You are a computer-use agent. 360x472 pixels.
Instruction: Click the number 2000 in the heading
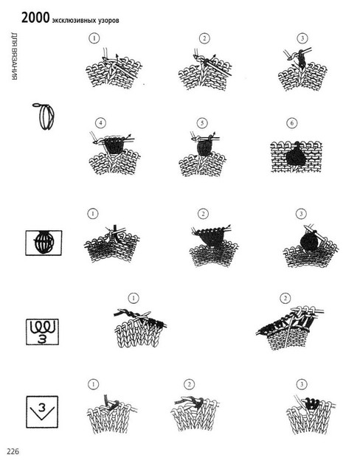[35, 18]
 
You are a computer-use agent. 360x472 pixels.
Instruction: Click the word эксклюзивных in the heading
[75, 21]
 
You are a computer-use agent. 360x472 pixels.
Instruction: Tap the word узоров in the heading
[109, 21]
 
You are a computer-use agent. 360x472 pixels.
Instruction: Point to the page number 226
[13, 451]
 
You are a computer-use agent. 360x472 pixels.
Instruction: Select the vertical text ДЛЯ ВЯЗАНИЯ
[15, 56]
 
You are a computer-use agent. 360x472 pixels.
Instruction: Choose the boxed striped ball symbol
[44, 243]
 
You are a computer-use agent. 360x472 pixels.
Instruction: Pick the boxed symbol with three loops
[42, 332]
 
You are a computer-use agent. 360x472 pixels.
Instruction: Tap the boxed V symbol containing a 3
[42, 412]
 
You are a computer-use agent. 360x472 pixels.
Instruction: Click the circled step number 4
[100, 123]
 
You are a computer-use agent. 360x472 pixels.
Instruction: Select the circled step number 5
[202, 123]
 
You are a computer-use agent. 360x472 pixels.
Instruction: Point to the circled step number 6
[292, 123]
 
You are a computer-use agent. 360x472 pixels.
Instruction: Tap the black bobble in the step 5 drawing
[204, 149]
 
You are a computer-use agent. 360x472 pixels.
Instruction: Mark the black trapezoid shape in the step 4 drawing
[113, 146]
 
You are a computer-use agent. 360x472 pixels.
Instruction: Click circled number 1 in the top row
[94, 38]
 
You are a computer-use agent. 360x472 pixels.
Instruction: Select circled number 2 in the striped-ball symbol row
[203, 214]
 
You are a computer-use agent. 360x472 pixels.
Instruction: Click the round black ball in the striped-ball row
[309, 242]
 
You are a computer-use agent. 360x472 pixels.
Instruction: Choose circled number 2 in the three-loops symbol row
[285, 298]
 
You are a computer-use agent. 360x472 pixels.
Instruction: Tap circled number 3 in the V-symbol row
[302, 384]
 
